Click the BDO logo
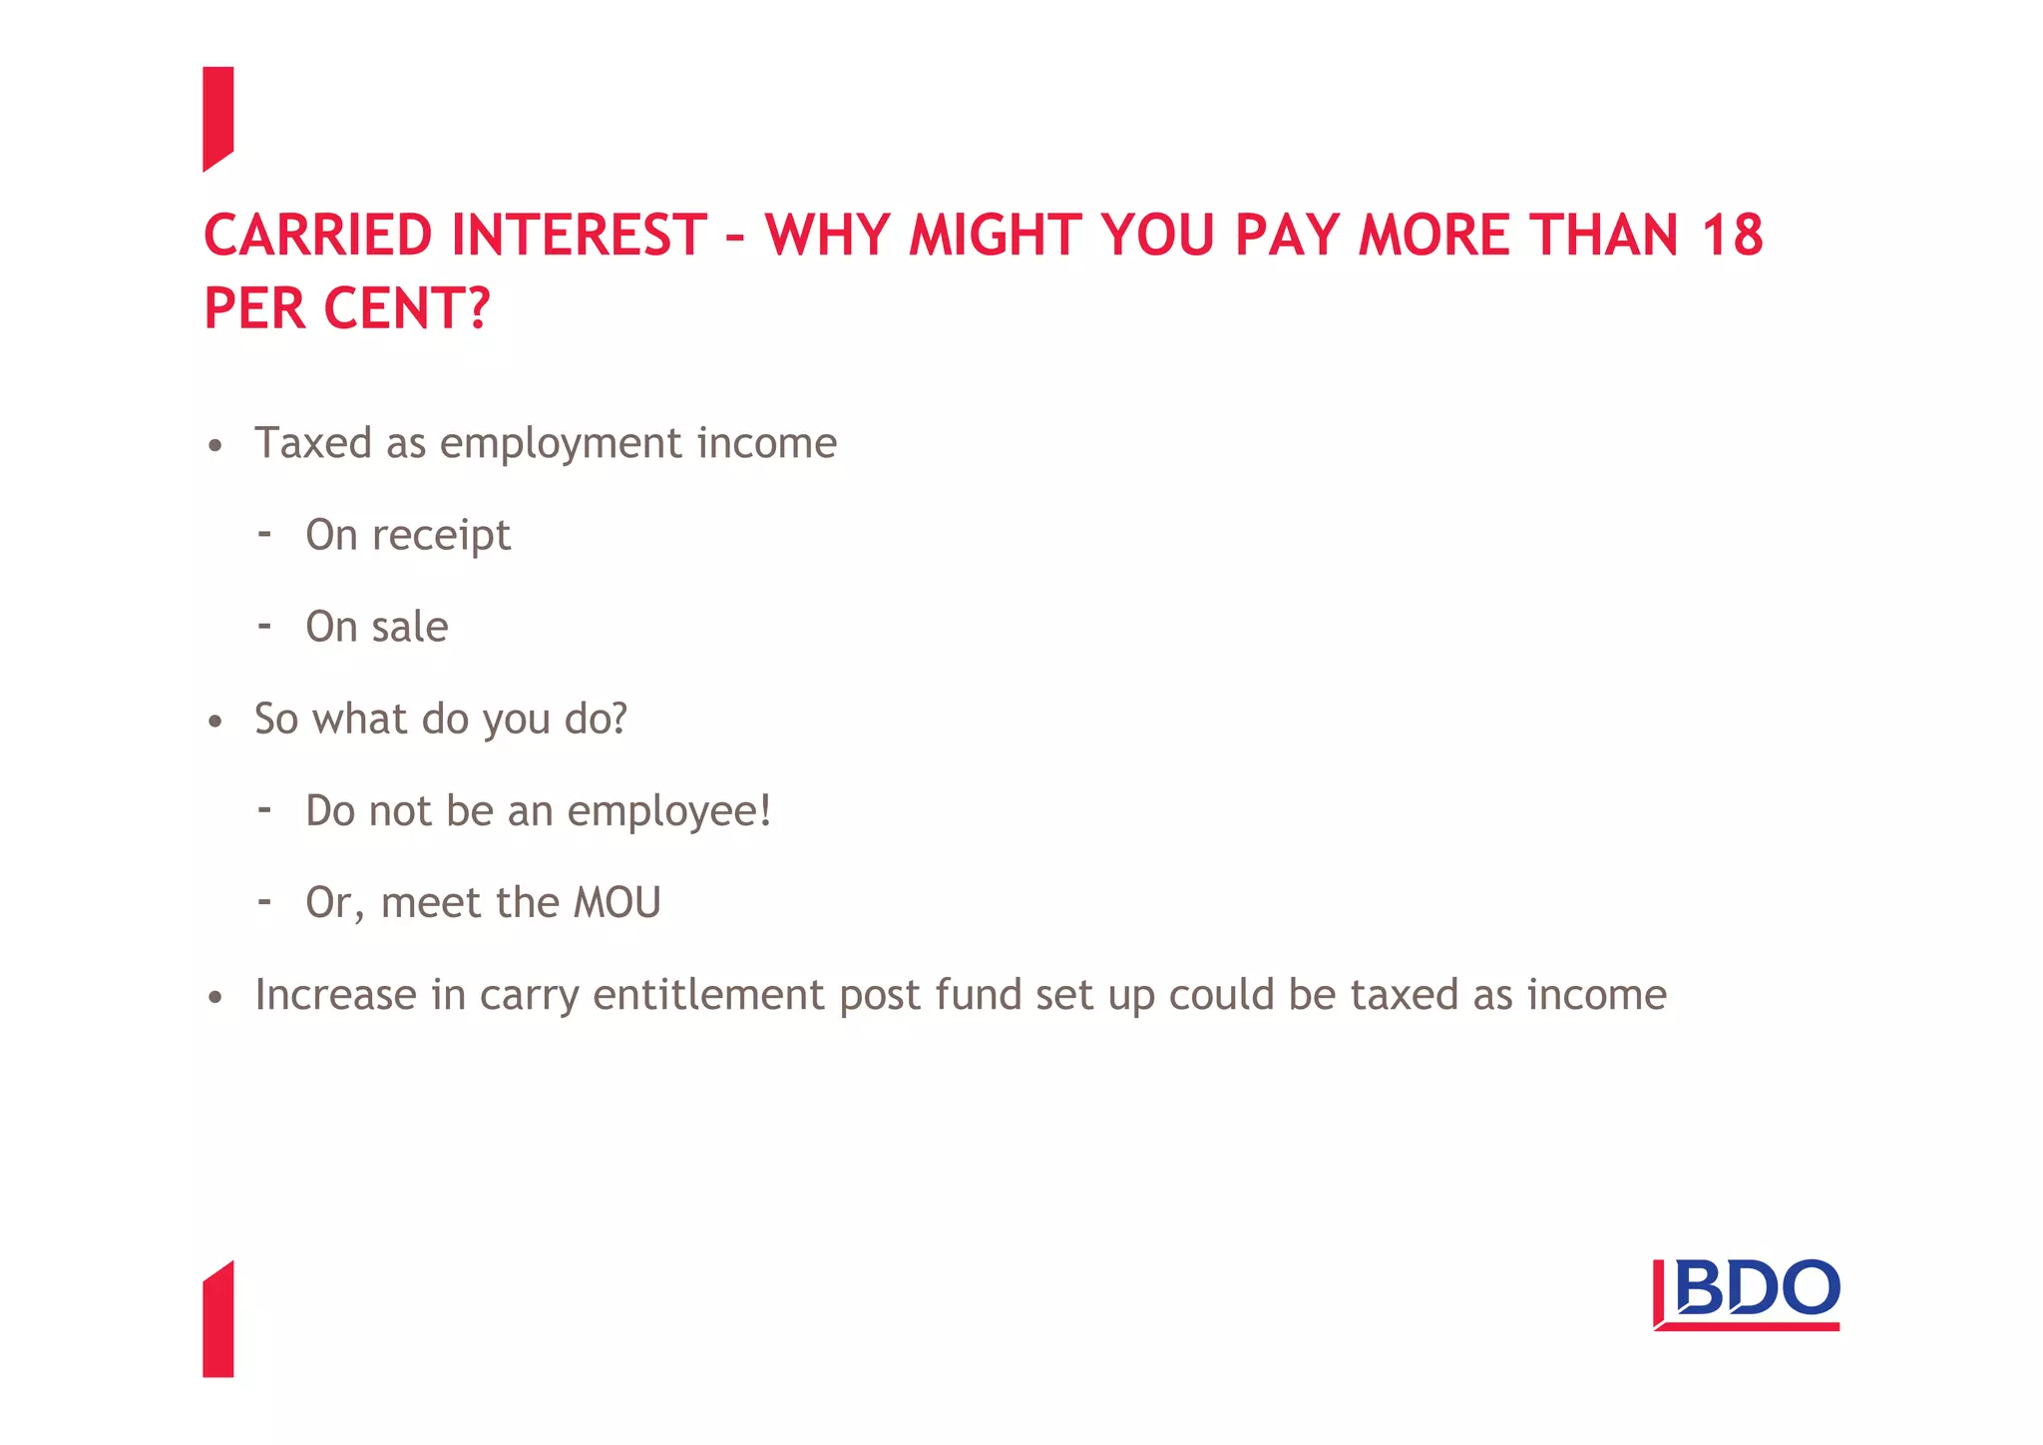pos(1747,1293)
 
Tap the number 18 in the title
pos(1733,236)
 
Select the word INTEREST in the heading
pos(580,236)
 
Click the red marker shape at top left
pos(217,118)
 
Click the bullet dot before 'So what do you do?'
pos(215,722)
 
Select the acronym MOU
pos(617,903)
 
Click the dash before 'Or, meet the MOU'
pos(264,902)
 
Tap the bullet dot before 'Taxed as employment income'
pos(215,446)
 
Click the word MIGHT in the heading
pos(995,236)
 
